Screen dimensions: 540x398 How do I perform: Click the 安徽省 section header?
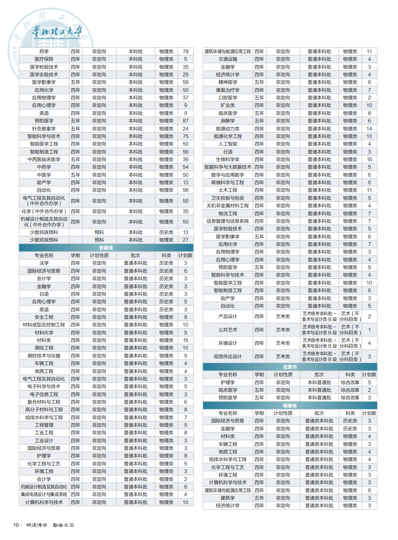[106, 248]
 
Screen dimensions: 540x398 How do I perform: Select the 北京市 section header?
[290, 367]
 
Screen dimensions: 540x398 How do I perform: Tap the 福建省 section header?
[290, 405]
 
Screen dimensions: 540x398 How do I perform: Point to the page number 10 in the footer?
[16, 525]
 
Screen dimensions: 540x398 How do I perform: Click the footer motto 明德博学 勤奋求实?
[50, 525]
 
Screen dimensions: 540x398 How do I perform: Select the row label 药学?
[44, 52]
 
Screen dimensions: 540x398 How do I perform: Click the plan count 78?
[186, 52]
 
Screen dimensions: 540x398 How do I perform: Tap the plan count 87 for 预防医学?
[186, 121]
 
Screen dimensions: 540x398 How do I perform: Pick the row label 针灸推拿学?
[44, 129]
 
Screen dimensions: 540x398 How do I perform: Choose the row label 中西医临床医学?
[44, 160]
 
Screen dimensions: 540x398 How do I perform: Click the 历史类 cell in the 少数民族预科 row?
[166, 232]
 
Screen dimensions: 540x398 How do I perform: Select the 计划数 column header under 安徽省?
[186, 256]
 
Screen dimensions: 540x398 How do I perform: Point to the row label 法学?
[44, 263]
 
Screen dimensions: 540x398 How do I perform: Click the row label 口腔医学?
[228, 98]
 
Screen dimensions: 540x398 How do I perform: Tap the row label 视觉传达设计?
[228, 357]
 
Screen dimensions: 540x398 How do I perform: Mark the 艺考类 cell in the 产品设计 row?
[283, 317]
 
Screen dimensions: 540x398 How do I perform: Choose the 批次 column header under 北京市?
[319, 375]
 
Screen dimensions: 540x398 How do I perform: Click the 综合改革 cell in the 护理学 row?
[350, 382]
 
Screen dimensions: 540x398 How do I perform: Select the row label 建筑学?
[228, 498]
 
